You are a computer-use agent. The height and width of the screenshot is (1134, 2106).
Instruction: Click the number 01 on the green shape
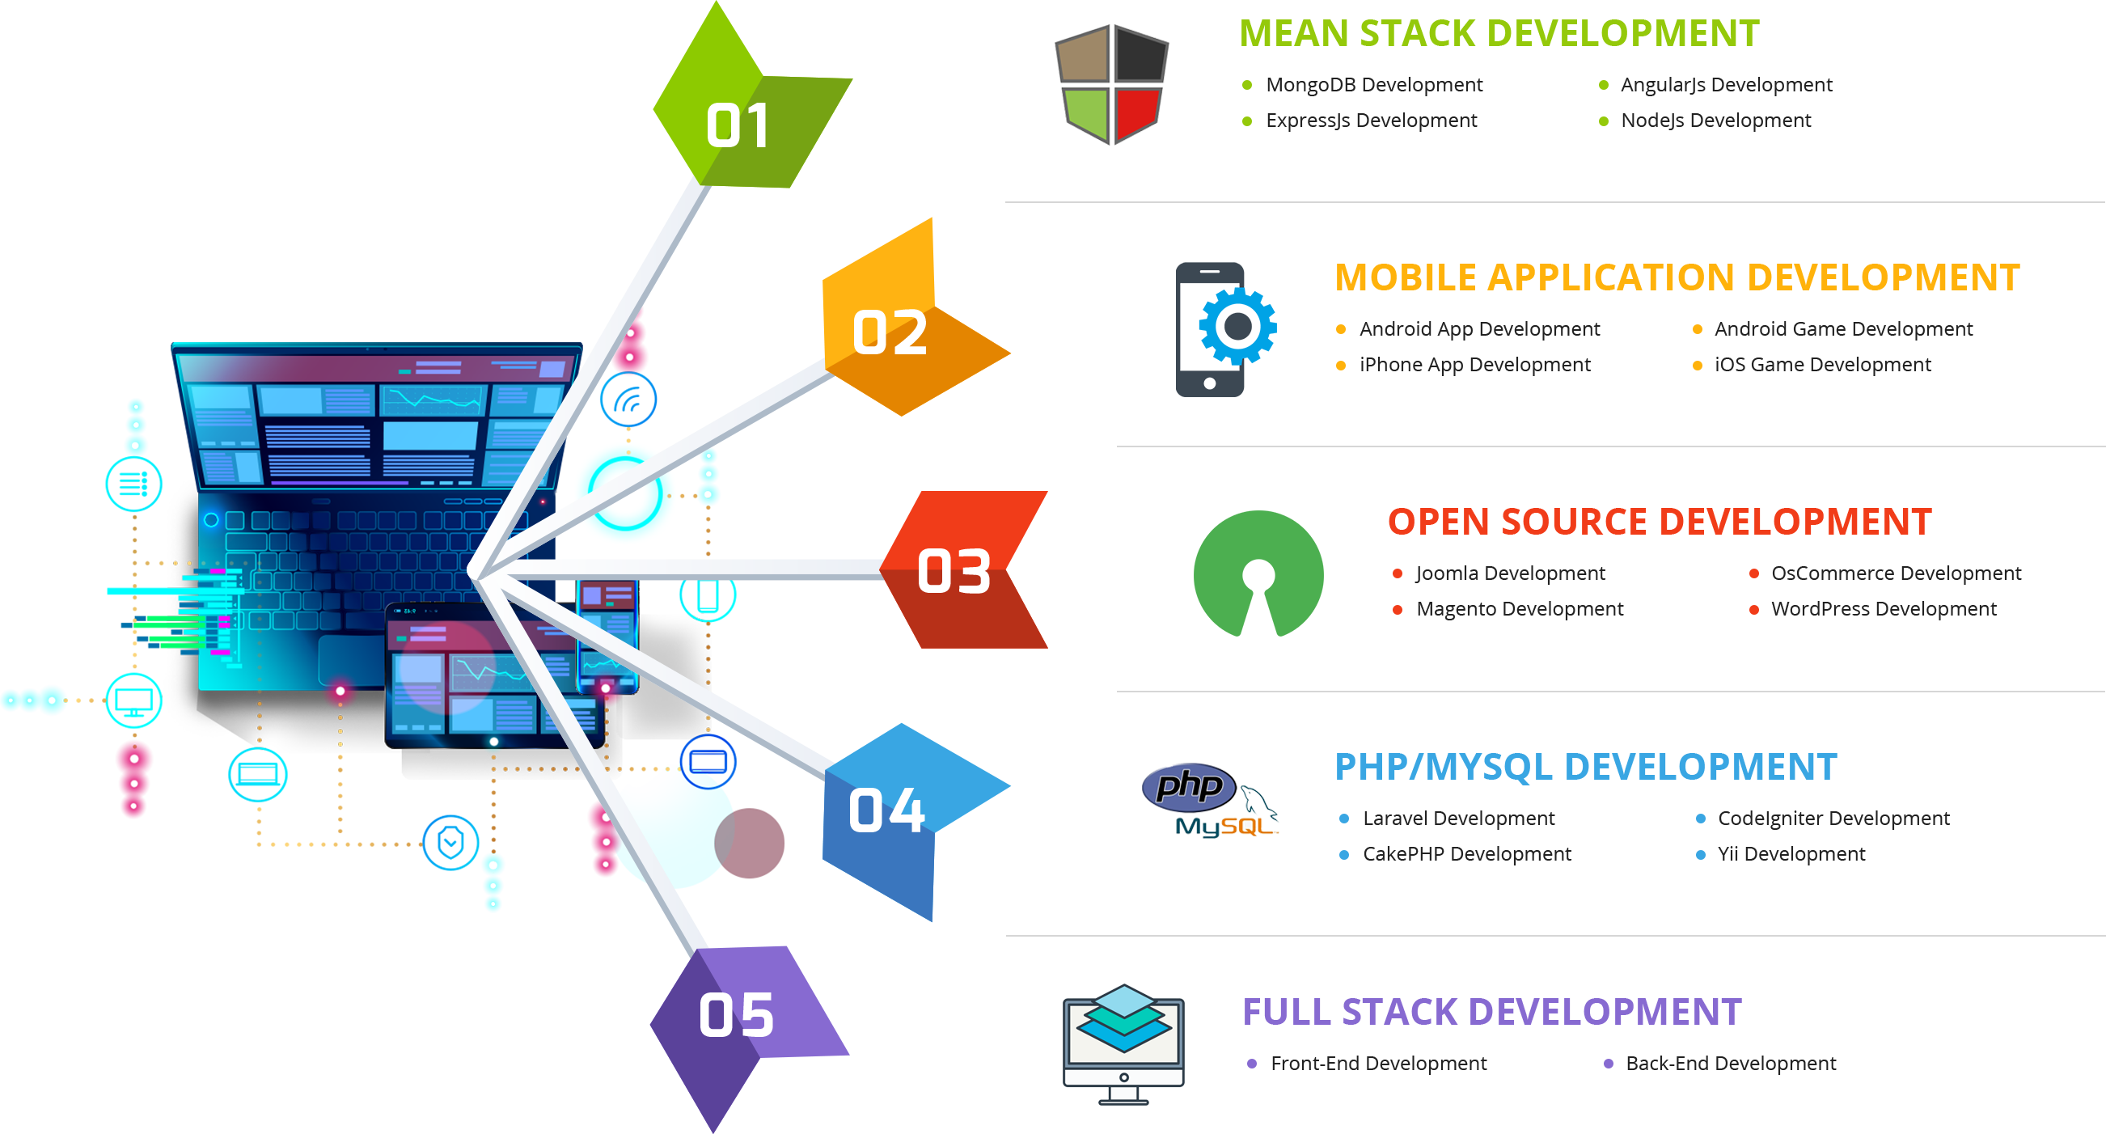[x=738, y=126]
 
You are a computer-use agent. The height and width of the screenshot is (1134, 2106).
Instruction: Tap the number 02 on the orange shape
[x=890, y=332]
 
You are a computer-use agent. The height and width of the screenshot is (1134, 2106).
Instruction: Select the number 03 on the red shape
[x=954, y=571]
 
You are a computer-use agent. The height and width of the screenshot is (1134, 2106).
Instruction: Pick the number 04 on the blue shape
[x=886, y=810]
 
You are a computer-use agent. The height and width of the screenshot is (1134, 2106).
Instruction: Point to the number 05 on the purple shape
[x=736, y=1015]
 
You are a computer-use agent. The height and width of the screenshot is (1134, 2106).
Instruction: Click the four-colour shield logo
[x=1111, y=84]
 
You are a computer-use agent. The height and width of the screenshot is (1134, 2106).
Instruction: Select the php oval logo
[x=1189, y=786]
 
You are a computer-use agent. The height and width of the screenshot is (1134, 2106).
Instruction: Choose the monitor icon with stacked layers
[x=1123, y=1043]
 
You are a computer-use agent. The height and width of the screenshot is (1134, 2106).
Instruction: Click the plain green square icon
[x=1258, y=573]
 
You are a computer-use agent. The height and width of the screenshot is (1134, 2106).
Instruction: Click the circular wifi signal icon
[x=628, y=400]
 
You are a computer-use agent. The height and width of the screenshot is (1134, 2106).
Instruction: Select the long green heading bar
[x=1499, y=32]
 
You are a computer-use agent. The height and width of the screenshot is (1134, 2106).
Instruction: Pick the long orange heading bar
[x=1676, y=277]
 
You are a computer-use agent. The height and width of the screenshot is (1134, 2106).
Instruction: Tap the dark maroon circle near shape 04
[x=750, y=843]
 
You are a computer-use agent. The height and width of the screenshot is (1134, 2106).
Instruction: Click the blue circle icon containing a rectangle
[x=708, y=762]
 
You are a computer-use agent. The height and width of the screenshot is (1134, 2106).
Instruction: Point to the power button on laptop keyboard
[x=211, y=519]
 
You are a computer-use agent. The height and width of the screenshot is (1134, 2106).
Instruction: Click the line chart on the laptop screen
[x=433, y=400]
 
